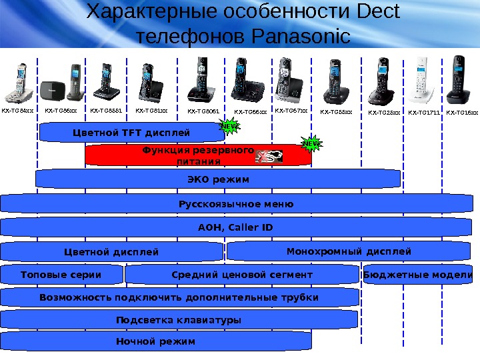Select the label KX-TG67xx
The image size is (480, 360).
291,111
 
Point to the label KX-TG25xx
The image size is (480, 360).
384,113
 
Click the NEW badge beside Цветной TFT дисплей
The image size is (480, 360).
229,125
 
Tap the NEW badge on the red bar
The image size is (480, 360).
311,143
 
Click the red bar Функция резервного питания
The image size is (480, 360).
198,155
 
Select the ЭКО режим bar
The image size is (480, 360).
218,179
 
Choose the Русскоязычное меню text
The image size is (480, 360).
236,203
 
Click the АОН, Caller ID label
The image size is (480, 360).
236,228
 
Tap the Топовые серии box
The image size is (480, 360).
61,275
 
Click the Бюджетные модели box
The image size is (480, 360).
418,275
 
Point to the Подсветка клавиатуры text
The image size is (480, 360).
179,320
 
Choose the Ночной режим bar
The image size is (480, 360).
155,341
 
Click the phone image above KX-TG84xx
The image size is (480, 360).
19,82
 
